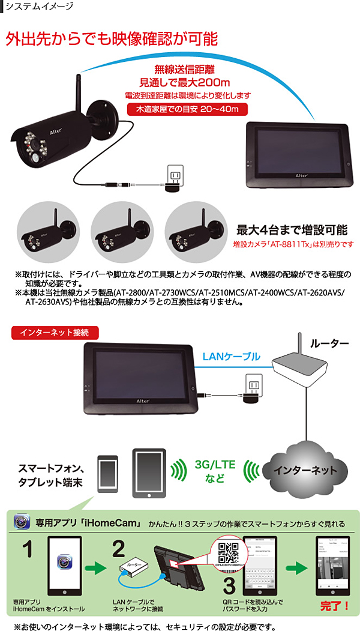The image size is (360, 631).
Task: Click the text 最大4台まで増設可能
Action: [x=292, y=230]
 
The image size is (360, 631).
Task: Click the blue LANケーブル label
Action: [x=231, y=356]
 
